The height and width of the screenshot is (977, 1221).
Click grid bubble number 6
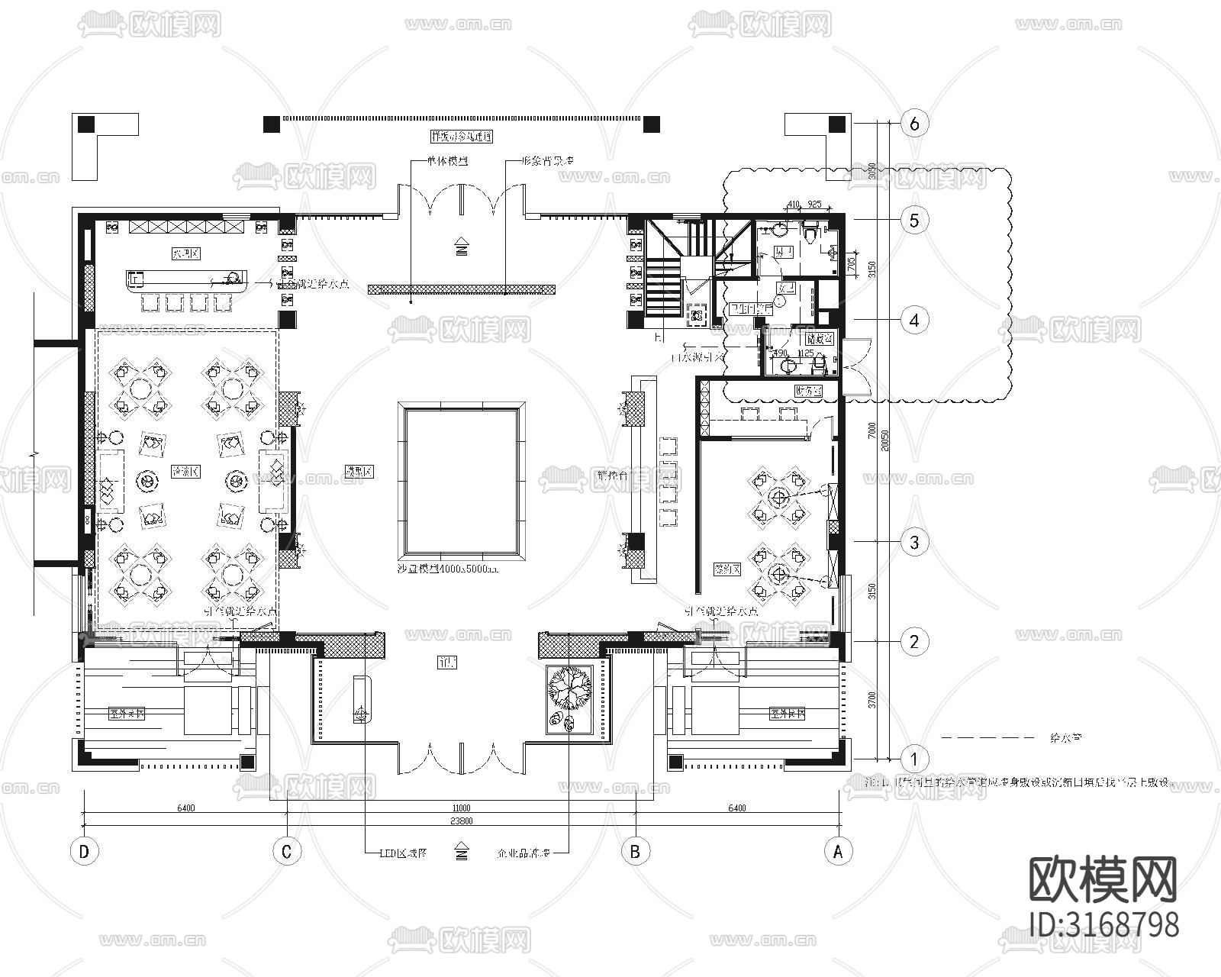click(x=914, y=123)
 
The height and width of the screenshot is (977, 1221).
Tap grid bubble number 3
click(x=914, y=543)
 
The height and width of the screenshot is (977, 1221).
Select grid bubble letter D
click(x=84, y=851)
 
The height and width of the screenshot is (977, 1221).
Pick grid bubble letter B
click(x=635, y=851)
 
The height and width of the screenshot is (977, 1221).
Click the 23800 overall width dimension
click(x=461, y=821)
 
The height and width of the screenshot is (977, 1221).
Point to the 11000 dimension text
click(x=461, y=808)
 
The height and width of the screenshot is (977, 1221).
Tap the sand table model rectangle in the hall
click(x=461, y=481)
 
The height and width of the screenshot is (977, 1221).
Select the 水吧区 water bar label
click(x=185, y=254)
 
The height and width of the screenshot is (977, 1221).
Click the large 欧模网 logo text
click(x=1103, y=879)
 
